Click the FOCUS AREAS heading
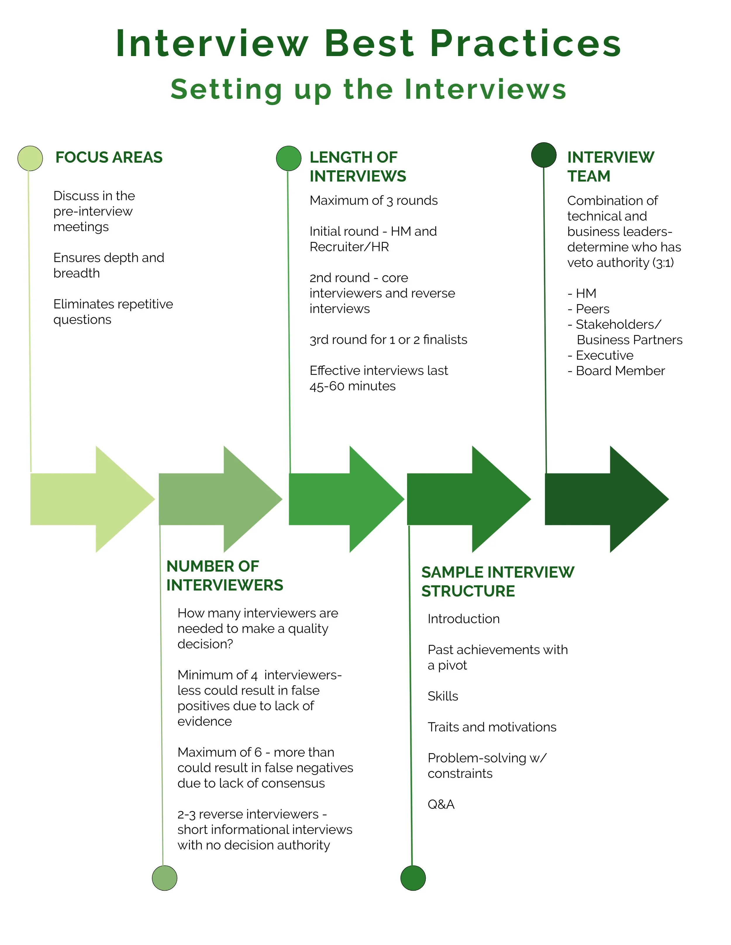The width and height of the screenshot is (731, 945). [109, 157]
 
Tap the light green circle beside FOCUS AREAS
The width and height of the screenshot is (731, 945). [30, 158]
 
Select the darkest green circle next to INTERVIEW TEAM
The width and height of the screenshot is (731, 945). [544, 155]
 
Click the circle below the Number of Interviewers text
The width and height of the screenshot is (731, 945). [165, 878]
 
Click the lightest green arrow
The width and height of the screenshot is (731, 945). [87, 499]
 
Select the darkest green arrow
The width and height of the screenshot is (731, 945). [602, 499]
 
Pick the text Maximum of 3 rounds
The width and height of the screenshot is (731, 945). [373, 200]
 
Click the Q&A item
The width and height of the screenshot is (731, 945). [441, 804]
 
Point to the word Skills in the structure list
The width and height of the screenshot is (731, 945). [443, 696]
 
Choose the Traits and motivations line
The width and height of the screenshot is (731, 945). [492, 727]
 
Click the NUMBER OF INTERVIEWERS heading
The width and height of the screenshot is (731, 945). [224, 575]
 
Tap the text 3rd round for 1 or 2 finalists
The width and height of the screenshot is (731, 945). [388, 340]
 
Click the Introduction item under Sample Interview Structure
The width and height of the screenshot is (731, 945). [463, 619]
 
